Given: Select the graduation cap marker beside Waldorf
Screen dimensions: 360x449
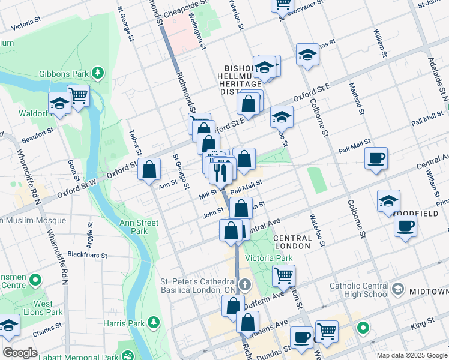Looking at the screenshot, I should (x=60, y=104).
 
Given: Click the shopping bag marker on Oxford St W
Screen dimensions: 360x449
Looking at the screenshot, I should (x=149, y=170).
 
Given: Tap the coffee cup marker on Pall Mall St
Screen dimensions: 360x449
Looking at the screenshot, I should (x=376, y=159).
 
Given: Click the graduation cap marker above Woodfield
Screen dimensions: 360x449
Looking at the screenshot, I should (x=388, y=201).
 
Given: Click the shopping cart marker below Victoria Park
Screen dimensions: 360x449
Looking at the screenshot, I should (x=284, y=276).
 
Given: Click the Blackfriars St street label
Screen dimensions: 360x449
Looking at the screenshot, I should (x=87, y=254).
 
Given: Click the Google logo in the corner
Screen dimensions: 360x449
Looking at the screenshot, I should (x=20, y=353).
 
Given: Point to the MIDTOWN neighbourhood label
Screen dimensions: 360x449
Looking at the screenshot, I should (x=429, y=291).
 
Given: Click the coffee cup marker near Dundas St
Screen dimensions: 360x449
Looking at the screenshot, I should (x=301, y=337).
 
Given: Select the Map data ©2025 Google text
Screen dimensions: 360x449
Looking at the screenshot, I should (x=412, y=355).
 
